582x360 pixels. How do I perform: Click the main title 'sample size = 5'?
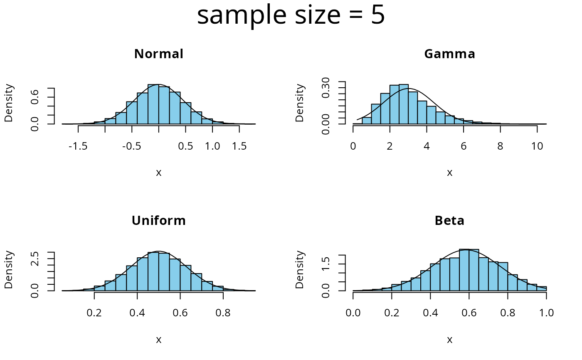(x=291, y=16)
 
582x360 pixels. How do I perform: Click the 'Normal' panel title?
(x=159, y=54)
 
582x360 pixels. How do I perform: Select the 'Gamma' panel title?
(x=449, y=54)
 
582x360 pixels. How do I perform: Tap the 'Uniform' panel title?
(x=159, y=221)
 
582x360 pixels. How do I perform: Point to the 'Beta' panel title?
(x=449, y=221)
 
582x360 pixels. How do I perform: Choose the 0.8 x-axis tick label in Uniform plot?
(x=223, y=313)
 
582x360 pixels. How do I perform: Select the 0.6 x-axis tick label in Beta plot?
(x=469, y=313)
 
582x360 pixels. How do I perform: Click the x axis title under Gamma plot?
(x=449, y=173)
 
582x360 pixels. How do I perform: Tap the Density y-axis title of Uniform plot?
(x=9, y=270)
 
